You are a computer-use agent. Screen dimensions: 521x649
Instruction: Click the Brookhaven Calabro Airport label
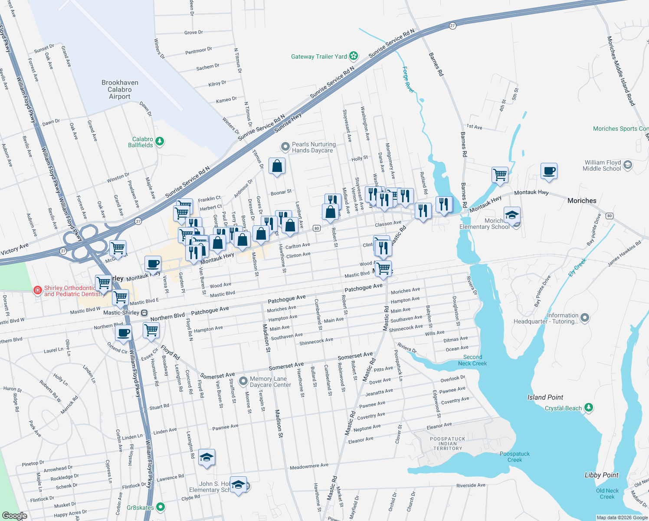click(x=120, y=89)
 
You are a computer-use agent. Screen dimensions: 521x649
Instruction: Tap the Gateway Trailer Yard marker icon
click(x=354, y=56)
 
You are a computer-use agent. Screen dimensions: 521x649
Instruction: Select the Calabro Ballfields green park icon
click(x=160, y=142)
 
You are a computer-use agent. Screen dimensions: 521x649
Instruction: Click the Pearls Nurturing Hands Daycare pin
click(x=285, y=147)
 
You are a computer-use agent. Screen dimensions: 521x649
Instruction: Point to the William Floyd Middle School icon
click(x=628, y=165)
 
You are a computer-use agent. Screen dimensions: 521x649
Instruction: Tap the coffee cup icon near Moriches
click(x=549, y=171)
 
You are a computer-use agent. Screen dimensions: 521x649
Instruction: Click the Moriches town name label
click(x=582, y=201)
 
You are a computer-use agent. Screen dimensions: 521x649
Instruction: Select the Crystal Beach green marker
click(x=588, y=408)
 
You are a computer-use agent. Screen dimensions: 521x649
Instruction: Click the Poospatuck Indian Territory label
click(x=447, y=444)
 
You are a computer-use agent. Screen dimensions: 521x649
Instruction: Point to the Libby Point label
click(x=601, y=475)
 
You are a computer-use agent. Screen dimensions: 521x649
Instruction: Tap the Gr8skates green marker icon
click(x=161, y=507)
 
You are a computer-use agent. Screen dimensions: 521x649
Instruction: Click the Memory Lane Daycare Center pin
click(x=243, y=382)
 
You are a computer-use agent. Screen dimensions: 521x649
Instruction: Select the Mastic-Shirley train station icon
click(x=144, y=313)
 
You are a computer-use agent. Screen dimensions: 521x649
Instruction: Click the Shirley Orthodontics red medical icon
click(x=38, y=290)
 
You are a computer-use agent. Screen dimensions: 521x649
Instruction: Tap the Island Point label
click(x=545, y=397)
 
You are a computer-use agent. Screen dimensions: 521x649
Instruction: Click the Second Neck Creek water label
click(x=472, y=360)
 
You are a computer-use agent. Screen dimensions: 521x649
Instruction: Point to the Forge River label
click(x=408, y=79)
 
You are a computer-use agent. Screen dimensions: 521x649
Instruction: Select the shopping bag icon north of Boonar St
click(x=277, y=166)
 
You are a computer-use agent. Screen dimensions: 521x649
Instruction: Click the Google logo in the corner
click(x=15, y=515)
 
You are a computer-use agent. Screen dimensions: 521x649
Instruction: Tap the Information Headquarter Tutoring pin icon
click(x=585, y=318)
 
